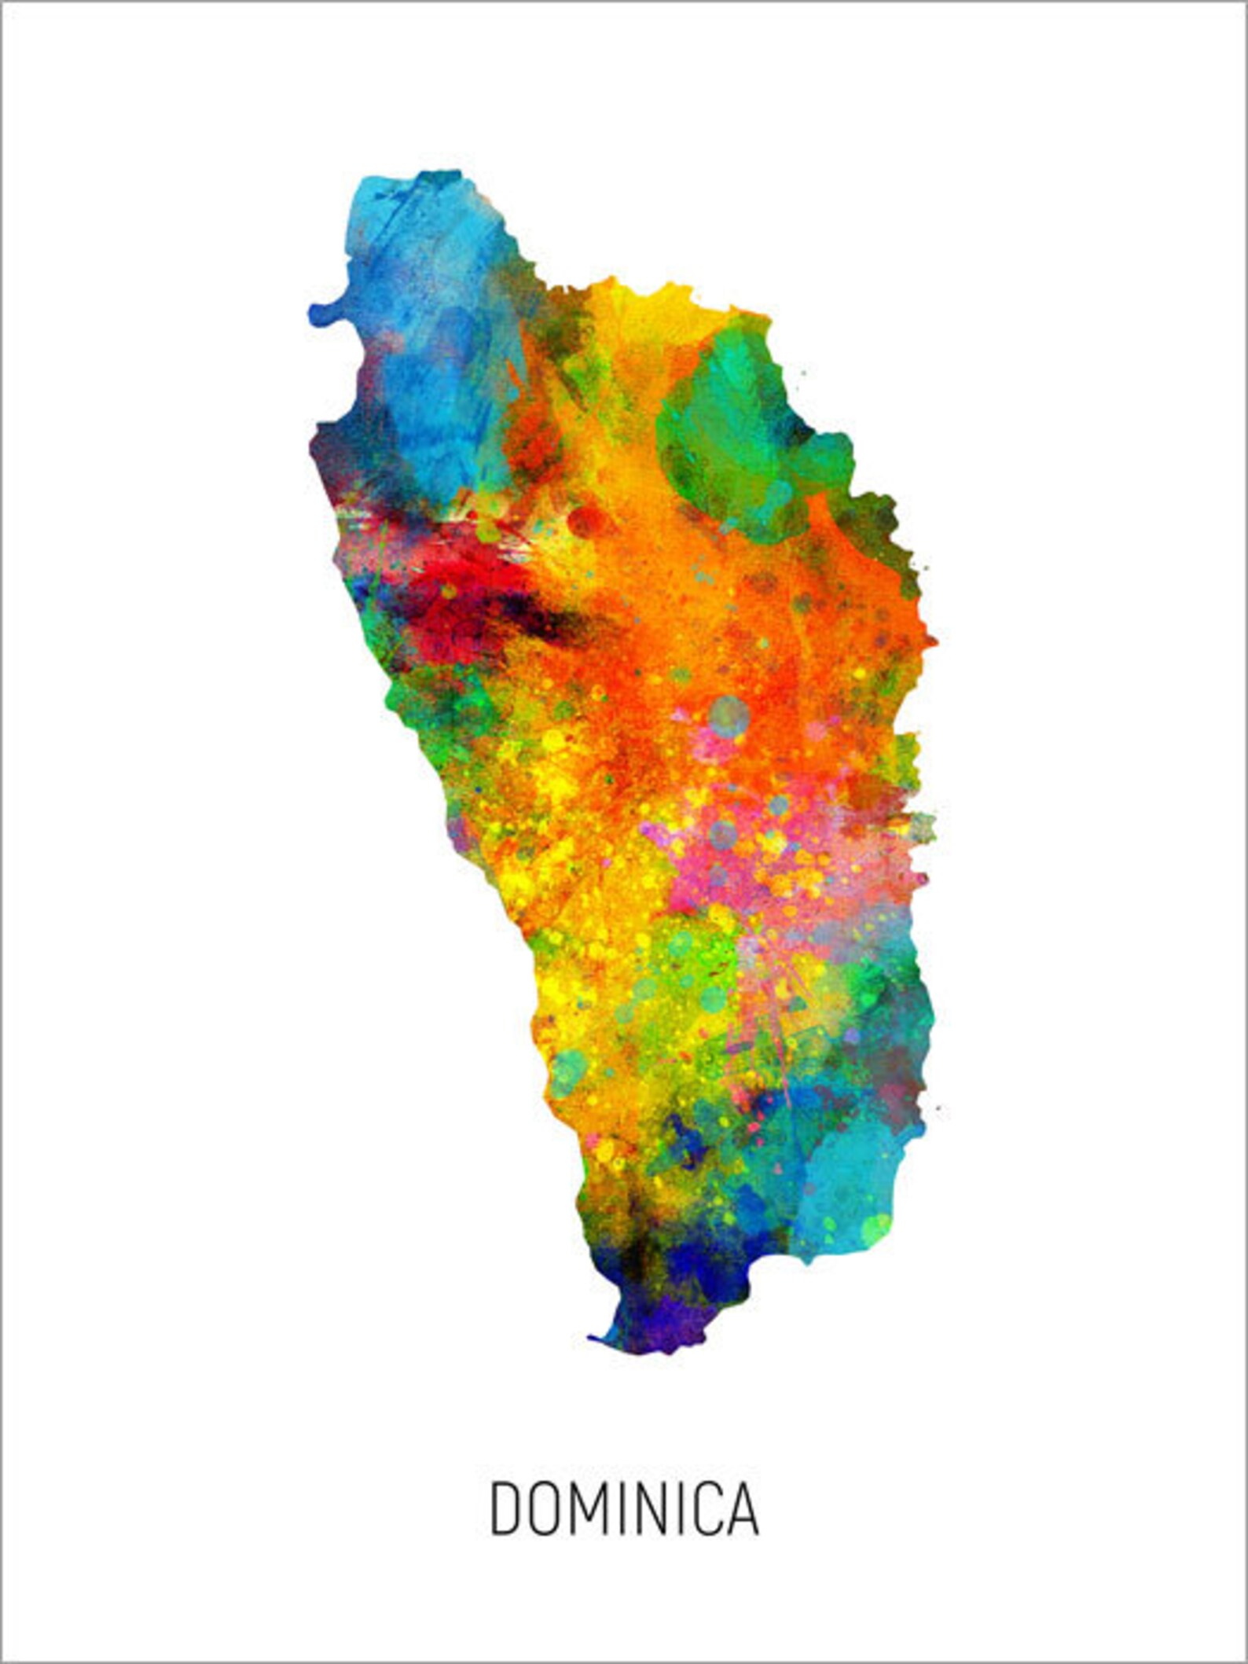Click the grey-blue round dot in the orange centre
[x=729, y=714]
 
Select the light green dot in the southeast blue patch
[x=875, y=1226]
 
